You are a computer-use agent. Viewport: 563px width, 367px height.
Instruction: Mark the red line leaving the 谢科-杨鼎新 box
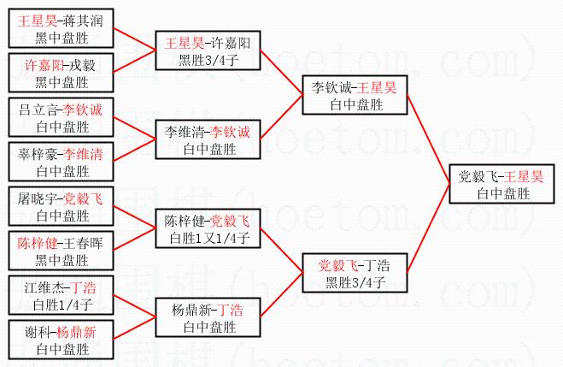pyautogui.click(x=130, y=330)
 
